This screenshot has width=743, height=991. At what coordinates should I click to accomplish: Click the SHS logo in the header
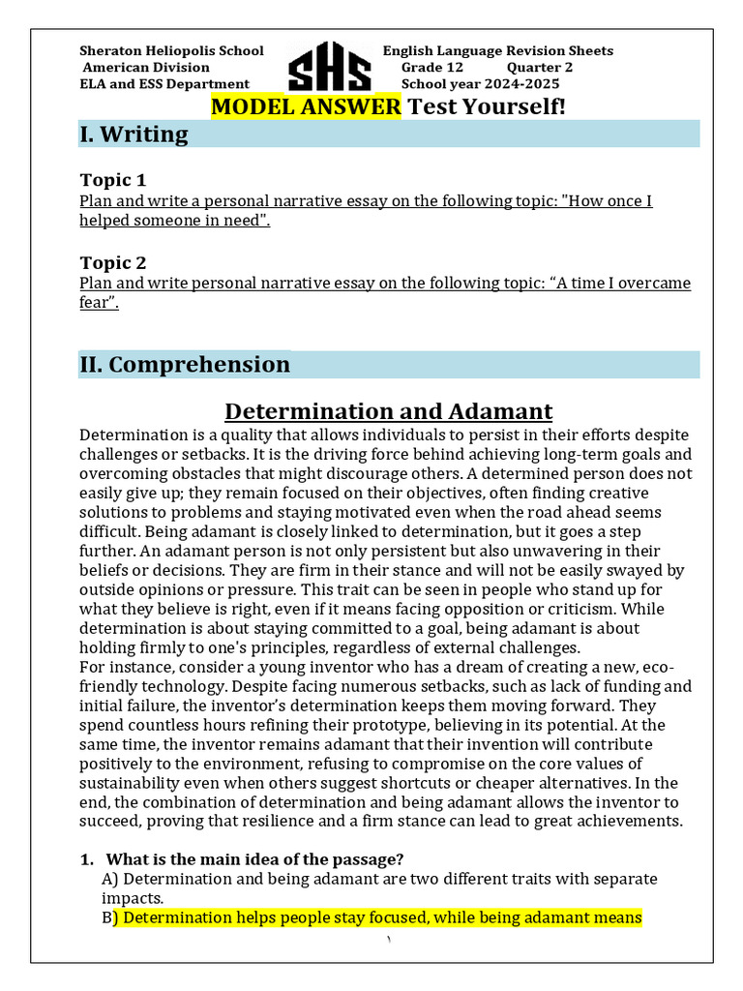click(329, 68)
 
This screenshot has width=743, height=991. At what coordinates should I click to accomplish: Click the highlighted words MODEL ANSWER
click(306, 106)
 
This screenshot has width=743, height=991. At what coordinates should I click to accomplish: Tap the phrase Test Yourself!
click(487, 106)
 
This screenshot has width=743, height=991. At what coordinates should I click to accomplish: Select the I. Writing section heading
click(134, 135)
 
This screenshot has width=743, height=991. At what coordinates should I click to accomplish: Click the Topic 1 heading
click(112, 180)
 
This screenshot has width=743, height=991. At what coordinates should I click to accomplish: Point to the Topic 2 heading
click(112, 262)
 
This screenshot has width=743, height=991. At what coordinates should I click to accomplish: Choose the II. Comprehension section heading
click(184, 365)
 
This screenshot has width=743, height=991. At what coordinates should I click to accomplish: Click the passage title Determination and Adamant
click(388, 411)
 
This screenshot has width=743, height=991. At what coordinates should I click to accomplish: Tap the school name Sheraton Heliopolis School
click(171, 51)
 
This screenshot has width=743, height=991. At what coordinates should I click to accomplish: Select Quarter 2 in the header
click(539, 68)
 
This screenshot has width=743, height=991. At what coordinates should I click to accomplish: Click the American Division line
click(145, 68)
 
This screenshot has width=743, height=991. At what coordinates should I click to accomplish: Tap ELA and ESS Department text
click(163, 84)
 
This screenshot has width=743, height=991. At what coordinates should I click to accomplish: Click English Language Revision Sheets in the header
click(497, 51)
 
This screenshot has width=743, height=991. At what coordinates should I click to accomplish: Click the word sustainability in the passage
click(136, 783)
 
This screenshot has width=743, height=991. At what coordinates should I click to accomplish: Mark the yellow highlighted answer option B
click(378, 917)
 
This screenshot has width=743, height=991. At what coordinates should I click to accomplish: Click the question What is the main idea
click(253, 859)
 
